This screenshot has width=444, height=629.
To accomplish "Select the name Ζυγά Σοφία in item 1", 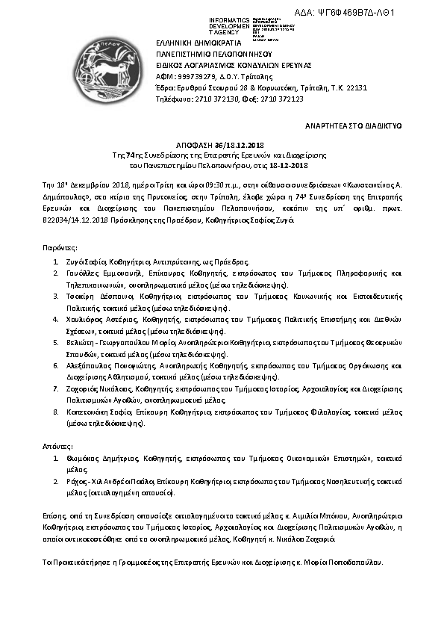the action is [x=86, y=263].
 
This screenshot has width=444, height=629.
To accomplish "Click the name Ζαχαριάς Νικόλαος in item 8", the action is [x=98, y=388].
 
